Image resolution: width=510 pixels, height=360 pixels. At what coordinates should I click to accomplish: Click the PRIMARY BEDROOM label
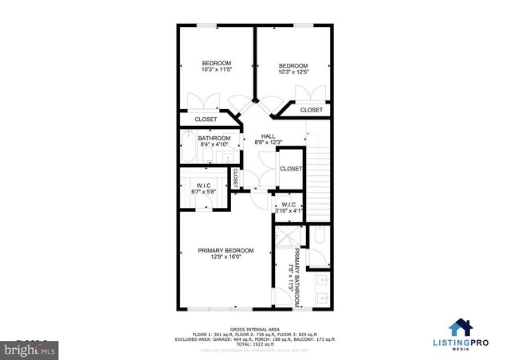click(220, 250)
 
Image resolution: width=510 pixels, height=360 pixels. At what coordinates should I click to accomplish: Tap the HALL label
click(269, 136)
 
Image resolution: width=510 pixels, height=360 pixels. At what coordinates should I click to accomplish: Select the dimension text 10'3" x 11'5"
click(216, 70)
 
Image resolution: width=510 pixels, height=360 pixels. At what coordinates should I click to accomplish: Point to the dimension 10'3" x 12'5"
click(293, 72)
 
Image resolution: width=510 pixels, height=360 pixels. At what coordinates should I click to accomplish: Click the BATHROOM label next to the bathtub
click(214, 138)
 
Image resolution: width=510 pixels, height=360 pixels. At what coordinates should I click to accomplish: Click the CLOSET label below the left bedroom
click(206, 119)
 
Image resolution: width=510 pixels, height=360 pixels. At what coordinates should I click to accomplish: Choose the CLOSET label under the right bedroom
click(312, 110)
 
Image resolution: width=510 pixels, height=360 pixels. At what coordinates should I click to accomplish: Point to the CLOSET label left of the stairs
click(291, 169)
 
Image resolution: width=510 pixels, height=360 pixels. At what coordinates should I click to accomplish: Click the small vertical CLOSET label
click(235, 179)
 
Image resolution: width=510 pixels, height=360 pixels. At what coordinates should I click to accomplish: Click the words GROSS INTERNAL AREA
click(253, 329)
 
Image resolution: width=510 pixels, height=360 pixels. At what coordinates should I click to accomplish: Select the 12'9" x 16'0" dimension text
click(220, 257)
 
